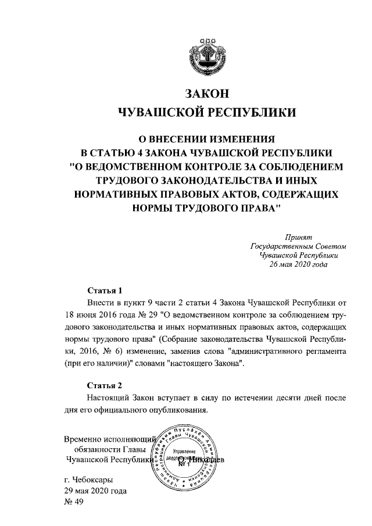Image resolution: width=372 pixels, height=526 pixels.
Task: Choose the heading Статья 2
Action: pyautogui.click(x=105, y=385)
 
